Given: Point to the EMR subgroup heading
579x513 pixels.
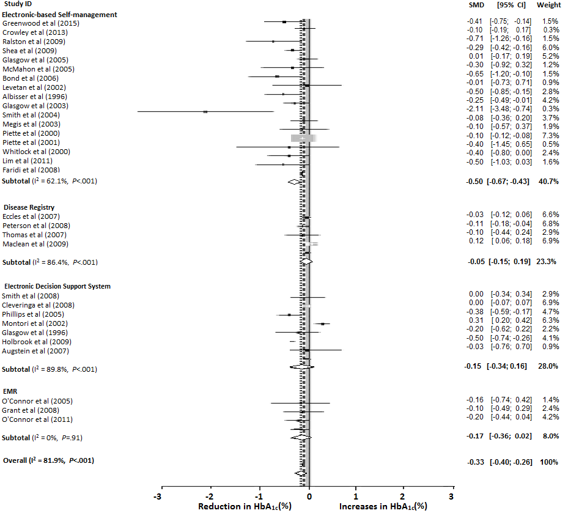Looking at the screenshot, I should (x=10, y=392).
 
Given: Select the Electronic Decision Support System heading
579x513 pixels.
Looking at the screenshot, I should (x=57, y=286).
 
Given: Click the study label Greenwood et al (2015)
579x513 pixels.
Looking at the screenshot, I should (x=41, y=23).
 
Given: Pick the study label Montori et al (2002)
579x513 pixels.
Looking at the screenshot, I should (x=37, y=323).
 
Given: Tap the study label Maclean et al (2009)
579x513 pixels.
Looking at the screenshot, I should (x=36, y=244).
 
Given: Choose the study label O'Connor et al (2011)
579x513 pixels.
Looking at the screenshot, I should (x=38, y=419).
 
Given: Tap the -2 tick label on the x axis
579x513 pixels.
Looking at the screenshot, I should (x=209, y=496).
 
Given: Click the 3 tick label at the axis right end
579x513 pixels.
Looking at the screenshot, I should (x=451, y=496).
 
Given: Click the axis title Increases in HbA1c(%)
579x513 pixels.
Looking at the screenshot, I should (x=382, y=506).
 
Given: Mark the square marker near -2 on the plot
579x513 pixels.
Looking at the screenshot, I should (x=205, y=112).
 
